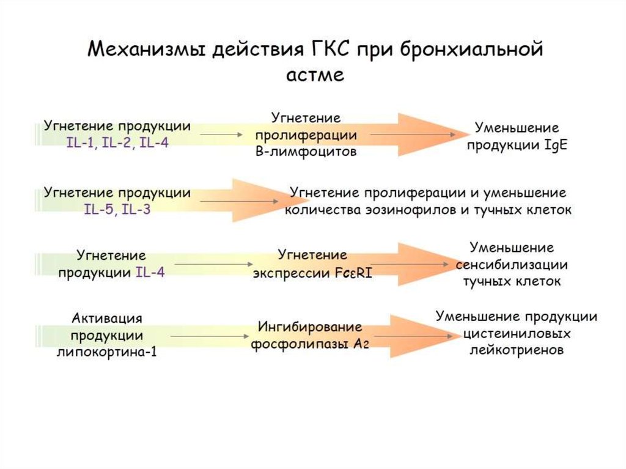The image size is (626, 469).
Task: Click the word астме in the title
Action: click(315, 75)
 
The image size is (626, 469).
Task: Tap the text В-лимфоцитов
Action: click(306, 152)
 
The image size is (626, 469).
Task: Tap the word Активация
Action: click(107, 318)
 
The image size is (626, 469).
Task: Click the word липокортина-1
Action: click(107, 353)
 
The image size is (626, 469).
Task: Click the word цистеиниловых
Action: click(517, 334)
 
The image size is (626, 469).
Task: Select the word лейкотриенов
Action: click(516, 351)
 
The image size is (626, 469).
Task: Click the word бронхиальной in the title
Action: click(471, 50)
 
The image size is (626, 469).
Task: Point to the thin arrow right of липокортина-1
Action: click(210, 336)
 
